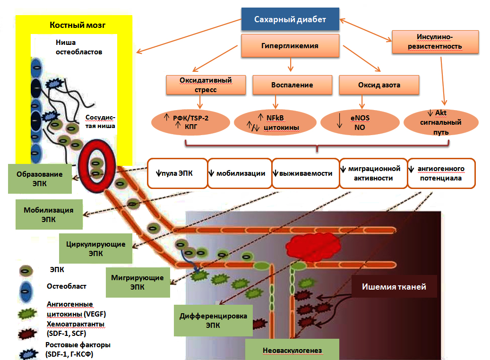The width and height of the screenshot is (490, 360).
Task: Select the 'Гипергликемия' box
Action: tap(290, 46)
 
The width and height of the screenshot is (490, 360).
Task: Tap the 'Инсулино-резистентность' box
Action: tap(435, 42)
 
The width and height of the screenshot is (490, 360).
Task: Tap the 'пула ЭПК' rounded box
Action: tap(177, 173)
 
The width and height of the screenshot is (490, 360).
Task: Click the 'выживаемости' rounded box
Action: tap(305, 173)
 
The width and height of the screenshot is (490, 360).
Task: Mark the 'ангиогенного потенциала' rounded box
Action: tap(441, 173)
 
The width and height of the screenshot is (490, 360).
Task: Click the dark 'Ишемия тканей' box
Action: tap(394, 287)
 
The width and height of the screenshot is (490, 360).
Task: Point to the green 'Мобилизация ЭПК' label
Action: tap(48, 214)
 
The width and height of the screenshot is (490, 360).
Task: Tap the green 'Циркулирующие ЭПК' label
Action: tap(95, 249)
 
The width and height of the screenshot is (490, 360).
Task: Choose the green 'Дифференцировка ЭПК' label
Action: tap(214, 320)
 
